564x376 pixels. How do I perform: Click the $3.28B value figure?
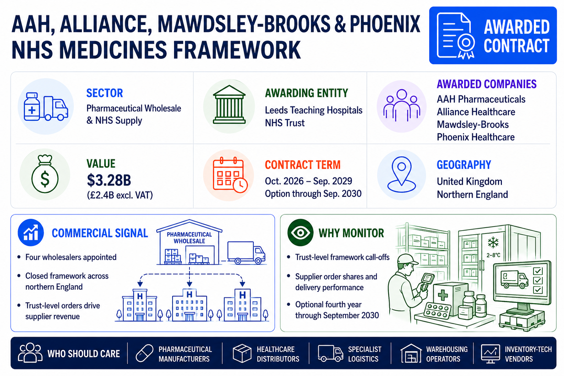pos(109,180)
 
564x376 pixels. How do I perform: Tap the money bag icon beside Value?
pos(45,174)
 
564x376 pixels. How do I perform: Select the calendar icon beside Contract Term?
pos(230,175)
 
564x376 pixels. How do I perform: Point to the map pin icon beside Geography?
pos(401,175)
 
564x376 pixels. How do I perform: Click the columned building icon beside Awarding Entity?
pos(229,105)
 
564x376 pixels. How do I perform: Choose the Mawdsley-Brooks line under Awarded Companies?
pos(473,124)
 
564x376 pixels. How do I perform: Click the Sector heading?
pos(105,93)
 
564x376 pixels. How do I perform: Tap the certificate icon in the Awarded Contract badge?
pos(455,36)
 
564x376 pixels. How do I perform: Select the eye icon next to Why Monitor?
pos(300,232)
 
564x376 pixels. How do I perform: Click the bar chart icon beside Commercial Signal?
pos(31,232)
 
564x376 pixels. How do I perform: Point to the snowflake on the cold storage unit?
pos(493,243)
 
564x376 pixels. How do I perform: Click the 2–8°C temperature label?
pos(493,255)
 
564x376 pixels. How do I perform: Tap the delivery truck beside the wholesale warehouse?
pos(246,253)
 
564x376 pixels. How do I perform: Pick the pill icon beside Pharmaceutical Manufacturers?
pos(145,353)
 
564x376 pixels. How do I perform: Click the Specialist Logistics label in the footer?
pos(365,354)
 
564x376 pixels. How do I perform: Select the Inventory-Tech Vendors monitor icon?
pos(490,354)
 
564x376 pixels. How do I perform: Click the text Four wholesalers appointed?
pos(71,257)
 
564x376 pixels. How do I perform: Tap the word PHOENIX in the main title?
pos(385,24)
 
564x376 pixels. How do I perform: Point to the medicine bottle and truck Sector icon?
pos(46,106)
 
